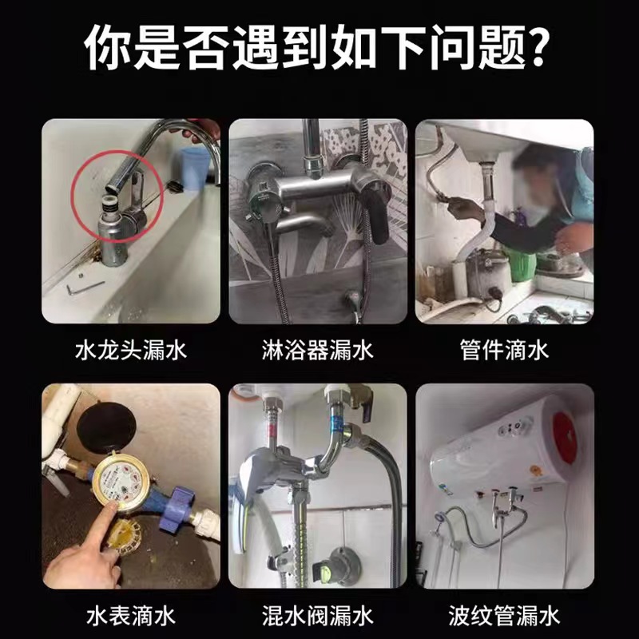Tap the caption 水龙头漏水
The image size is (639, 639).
(130, 350)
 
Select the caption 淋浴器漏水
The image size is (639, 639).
(318, 350)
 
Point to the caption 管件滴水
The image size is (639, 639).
(504, 350)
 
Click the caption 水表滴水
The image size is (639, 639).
(130, 615)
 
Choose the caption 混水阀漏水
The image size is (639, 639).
(318, 615)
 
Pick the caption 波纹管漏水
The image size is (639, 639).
(504, 615)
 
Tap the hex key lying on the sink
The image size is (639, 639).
(85, 283)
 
